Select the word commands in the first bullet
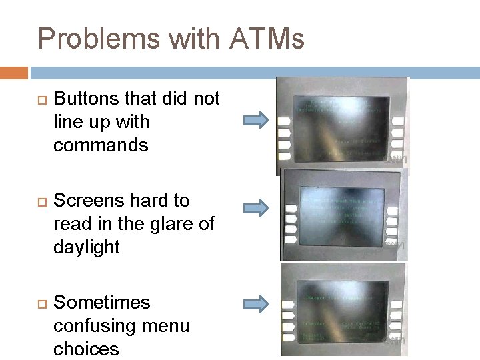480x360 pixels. point(101,145)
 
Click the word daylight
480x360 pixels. point(86,247)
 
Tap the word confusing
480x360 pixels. point(93,326)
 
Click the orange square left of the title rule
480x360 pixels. point(14,72)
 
